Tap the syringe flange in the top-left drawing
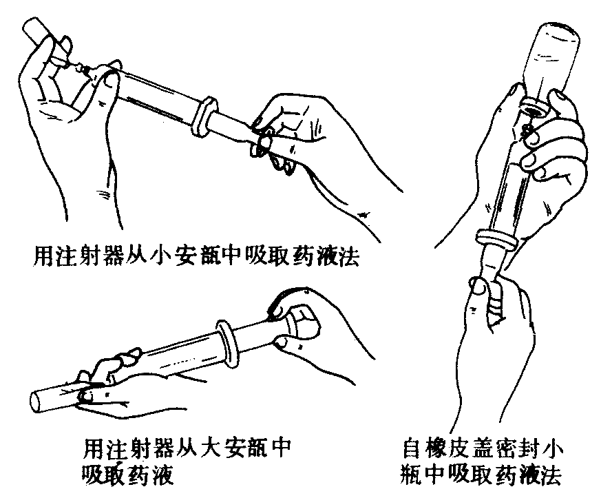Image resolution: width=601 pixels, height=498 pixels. click(x=206, y=116)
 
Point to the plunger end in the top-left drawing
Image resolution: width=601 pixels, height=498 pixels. click(x=262, y=145)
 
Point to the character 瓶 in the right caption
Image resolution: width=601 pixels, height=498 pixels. click(x=412, y=475)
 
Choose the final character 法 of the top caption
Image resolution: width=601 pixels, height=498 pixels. click(x=348, y=256)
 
